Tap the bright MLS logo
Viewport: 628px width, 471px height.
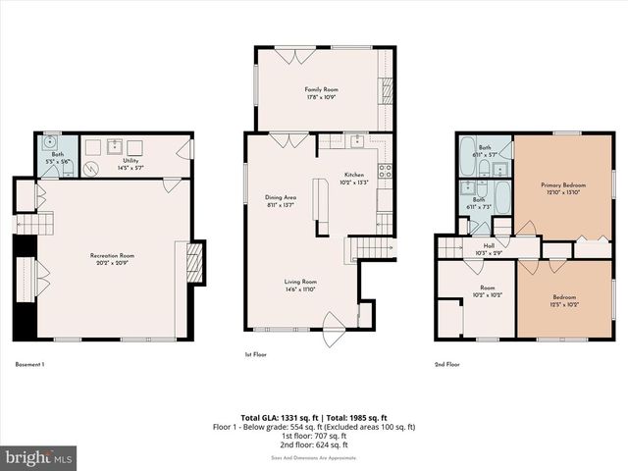point(39,457)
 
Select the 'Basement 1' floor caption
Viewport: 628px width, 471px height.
point(30,364)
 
